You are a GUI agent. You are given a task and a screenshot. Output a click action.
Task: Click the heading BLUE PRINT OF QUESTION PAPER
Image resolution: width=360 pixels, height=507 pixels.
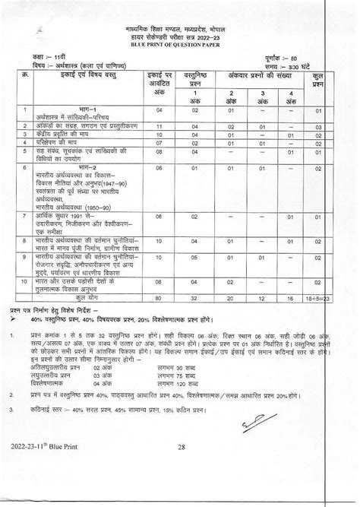pyautogui.click(x=180, y=46)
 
